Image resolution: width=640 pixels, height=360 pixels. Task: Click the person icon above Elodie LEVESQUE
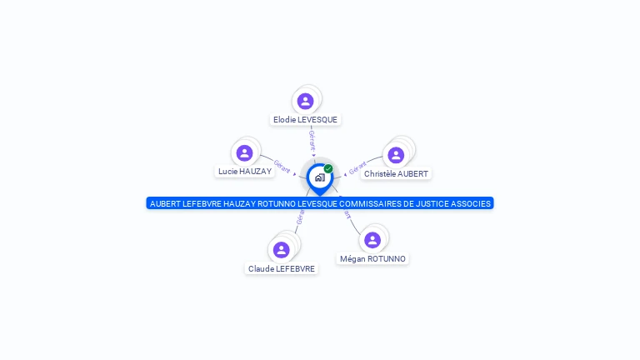306,101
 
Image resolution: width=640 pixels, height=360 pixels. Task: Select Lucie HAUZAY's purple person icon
244,152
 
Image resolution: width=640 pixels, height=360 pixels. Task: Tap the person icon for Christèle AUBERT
396,155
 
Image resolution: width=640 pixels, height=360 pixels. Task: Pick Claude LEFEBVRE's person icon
282,249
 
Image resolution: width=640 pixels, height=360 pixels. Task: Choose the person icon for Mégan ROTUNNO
372,240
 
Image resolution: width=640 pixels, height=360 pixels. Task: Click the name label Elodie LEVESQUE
305,120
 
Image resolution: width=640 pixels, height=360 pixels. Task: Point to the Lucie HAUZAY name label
244,172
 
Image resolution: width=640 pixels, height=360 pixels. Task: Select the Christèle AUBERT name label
396,174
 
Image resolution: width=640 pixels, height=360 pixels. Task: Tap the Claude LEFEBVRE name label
282,269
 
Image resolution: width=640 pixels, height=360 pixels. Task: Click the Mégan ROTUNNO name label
372,259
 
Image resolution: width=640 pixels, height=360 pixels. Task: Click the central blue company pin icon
319,177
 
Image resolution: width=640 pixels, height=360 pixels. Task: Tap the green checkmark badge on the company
328,168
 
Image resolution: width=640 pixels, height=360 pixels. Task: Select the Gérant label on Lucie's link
282,167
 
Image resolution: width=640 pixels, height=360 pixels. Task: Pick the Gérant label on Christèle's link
357,167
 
